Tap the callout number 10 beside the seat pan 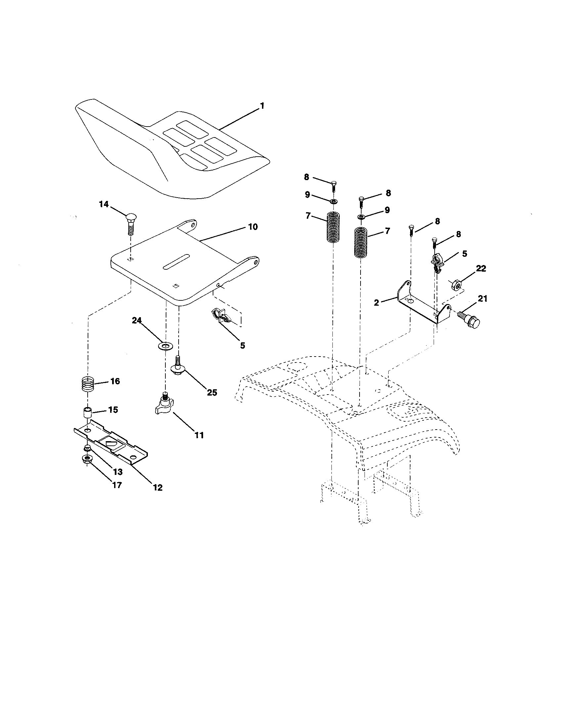click(x=252, y=227)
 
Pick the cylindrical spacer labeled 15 click(x=88, y=414)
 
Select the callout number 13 click(x=118, y=472)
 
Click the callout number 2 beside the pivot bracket click(x=376, y=303)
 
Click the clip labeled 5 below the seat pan click(x=222, y=316)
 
